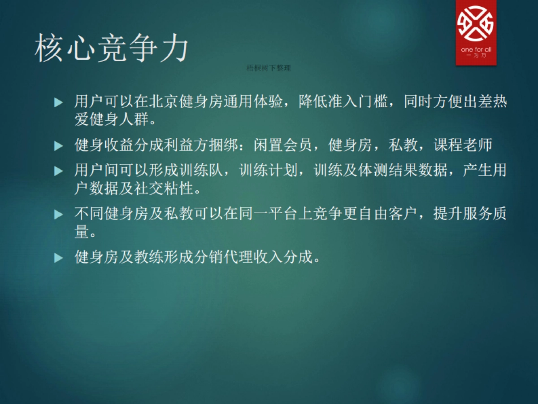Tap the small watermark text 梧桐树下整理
(x=269, y=68)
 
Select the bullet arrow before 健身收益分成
(x=58, y=146)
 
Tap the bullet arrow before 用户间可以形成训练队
(x=58, y=171)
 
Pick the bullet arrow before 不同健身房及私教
(x=58, y=215)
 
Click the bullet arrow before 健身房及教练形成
(x=58, y=258)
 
